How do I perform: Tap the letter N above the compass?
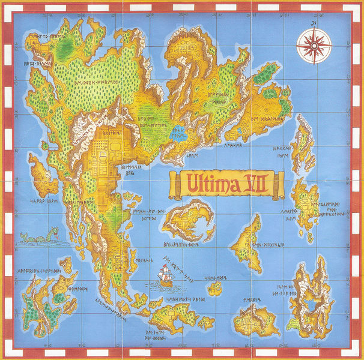[314, 22]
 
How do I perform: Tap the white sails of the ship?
[163, 274]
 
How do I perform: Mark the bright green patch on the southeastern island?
[294, 327]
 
